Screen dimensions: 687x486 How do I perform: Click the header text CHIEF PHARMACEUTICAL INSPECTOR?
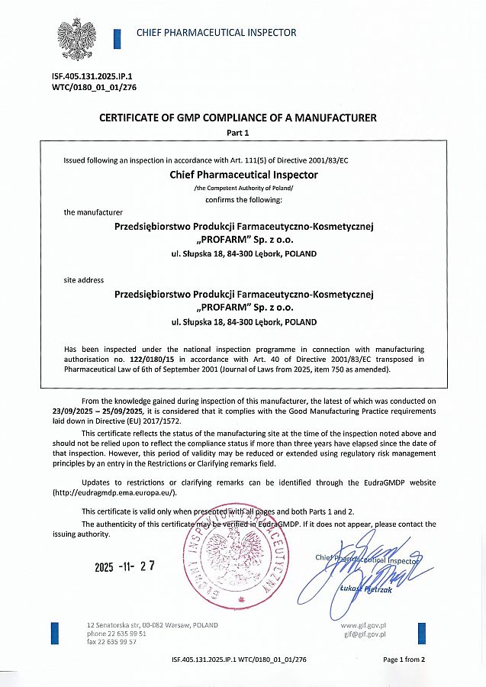coord(216,33)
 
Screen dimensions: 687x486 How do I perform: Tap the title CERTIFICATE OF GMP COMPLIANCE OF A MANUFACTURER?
coord(238,118)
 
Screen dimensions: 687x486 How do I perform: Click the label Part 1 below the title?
coord(238,132)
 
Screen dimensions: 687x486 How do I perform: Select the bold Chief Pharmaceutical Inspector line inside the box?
coord(243,174)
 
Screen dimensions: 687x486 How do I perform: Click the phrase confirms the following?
coord(243,199)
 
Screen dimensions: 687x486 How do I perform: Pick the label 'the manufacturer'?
coord(93,211)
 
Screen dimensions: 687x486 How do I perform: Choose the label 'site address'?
coord(84,280)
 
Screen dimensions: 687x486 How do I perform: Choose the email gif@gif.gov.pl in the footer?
coord(364,634)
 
